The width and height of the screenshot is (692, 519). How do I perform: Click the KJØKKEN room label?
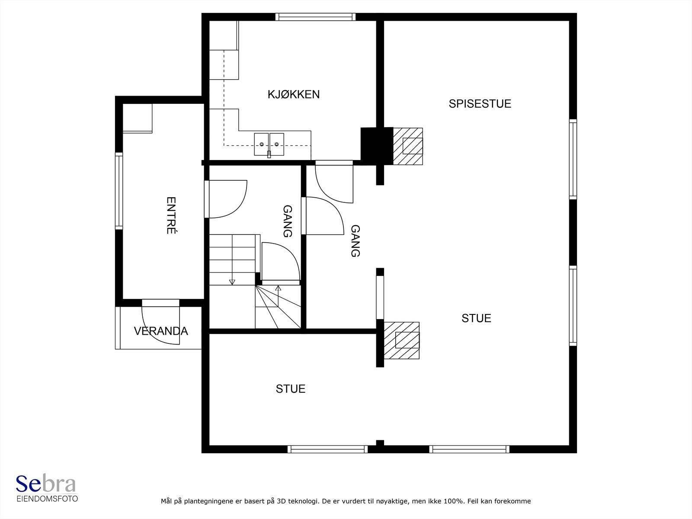[x=294, y=94]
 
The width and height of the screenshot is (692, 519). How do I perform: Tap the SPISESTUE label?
[x=480, y=104]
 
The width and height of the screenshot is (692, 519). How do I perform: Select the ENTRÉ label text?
[x=171, y=215]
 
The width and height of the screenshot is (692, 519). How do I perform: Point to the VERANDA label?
[x=161, y=331]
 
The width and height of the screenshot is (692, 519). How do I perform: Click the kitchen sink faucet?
[x=269, y=154]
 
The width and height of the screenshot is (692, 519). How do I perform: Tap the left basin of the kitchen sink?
[x=261, y=144]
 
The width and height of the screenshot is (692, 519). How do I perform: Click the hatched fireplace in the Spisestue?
[x=408, y=146]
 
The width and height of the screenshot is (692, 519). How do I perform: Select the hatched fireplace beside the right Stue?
[x=402, y=340]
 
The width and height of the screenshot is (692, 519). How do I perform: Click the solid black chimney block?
[x=377, y=145]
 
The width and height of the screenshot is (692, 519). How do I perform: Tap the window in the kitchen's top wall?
[x=315, y=17]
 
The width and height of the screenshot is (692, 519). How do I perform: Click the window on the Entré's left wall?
[x=119, y=191]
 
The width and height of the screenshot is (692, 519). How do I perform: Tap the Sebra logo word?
[x=46, y=484]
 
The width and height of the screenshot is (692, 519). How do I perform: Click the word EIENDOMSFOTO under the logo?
[x=47, y=499]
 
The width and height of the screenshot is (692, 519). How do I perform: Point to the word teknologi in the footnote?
[x=304, y=501]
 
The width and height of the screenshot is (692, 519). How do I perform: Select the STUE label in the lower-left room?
[x=290, y=389]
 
